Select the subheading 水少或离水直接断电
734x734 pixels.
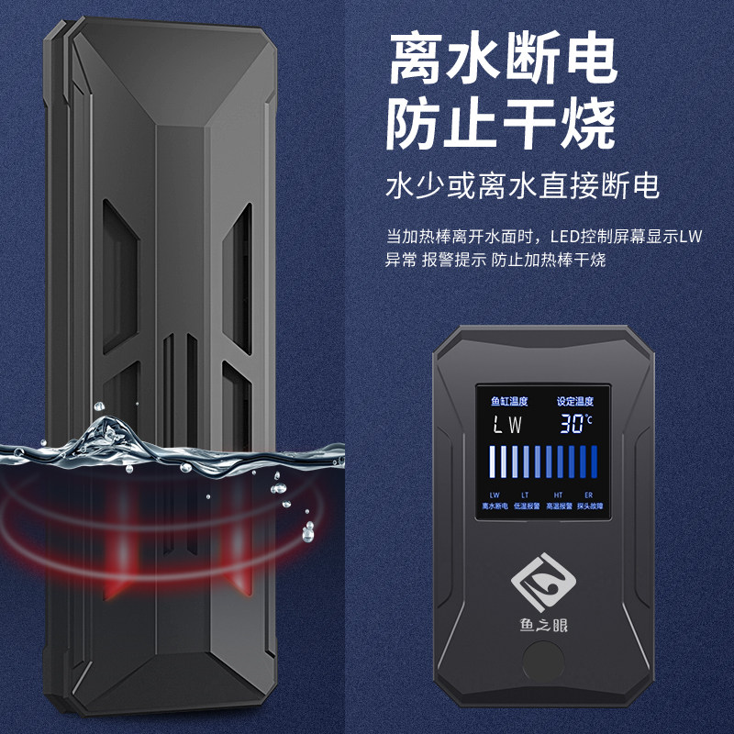coord(522,187)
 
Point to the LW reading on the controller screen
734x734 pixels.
coord(507,425)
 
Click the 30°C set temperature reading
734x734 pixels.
coord(579,424)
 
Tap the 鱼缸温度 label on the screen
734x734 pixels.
coord(507,401)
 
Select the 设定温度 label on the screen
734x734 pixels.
coord(576,401)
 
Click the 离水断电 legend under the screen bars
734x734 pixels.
coord(495,506)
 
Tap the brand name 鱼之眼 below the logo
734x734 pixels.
coord(542,628)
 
